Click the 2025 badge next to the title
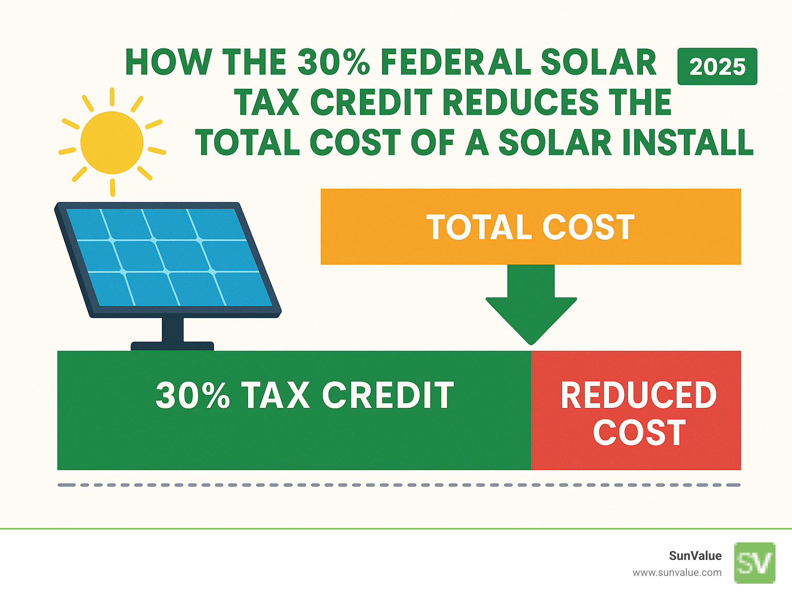[x=717, y=67]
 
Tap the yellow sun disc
[x=112, y=142]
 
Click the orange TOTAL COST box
[x=531, y=227]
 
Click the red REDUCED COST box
[x=636, y=411]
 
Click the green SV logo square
[x=755, y=563]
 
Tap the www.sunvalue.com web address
[x=677, y=572]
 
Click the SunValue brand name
[x=695, y=556]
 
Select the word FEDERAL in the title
[x=456, y=62]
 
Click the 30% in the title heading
[x=333, y=62]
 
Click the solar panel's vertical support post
[x=172, y=329]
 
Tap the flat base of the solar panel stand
[x=172, y=346]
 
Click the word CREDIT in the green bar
[x=388, y=395]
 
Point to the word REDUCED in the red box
[x=638, y=395]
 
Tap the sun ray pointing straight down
[x=112, y=187]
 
